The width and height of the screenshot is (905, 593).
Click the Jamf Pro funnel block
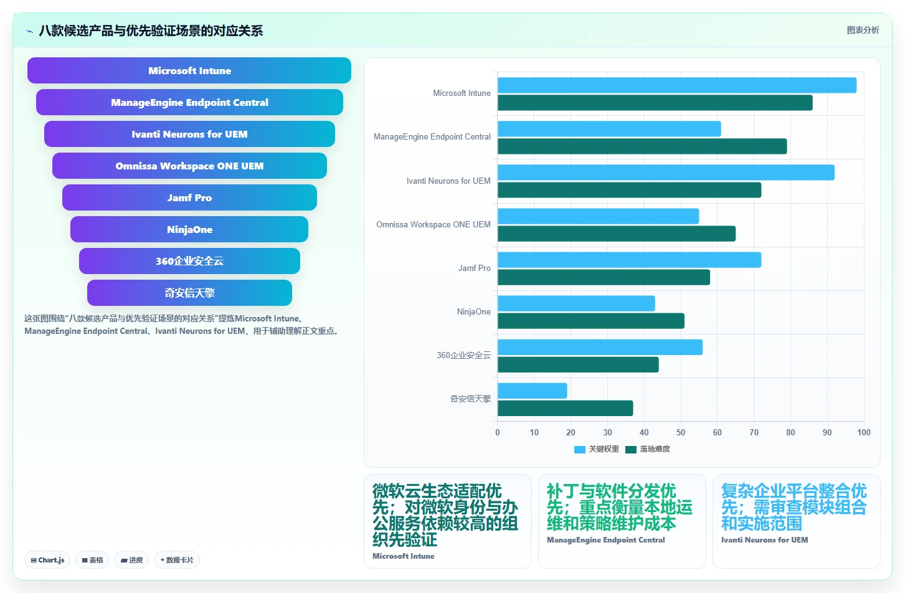[x=189, y=197]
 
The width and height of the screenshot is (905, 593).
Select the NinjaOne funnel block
[x=189, y=229]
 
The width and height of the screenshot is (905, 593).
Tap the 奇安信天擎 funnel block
[x=189, y=293]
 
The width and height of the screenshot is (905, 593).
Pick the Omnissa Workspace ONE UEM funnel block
[x=189, y=166]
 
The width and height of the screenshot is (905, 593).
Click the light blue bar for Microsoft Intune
[x=677, y=85]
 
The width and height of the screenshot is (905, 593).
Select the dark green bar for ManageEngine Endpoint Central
[x=642, y=146]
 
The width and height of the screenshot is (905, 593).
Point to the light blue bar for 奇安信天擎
[x=532, y=391]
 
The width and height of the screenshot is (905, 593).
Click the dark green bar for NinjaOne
[x=590, y=321]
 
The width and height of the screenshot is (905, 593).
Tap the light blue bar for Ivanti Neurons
[x=666, y=173]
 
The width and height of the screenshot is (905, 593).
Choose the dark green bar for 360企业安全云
[x=578, y=364]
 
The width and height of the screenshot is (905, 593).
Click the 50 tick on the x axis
[x=680, y=432]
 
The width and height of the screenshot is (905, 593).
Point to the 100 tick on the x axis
[x=864, y=432]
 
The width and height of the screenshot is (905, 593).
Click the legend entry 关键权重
[x=597, y=449]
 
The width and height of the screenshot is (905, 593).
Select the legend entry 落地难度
[x=648, y=449]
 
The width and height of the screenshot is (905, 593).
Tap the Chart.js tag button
[x=47, y=560]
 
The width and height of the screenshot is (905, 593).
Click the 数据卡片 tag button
[x=176, y=560]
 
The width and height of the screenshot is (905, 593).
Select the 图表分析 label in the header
[x=863, y=31]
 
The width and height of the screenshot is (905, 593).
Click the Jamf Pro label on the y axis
[x=475, y=268]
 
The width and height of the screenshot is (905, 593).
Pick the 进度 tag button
[x=131, y=560]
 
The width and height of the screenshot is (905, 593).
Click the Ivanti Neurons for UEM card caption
[x=764, y=539]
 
